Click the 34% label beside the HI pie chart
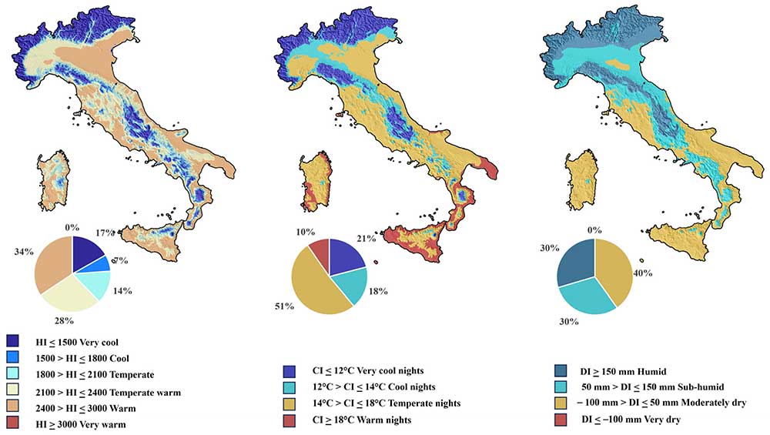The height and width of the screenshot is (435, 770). coord(24,250)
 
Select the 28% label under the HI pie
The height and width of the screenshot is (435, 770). coord(64,319)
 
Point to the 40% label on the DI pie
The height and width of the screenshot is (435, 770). coord(643,273)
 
